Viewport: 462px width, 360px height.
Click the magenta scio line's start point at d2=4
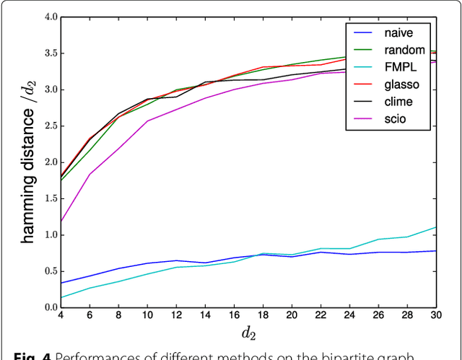point(61,221)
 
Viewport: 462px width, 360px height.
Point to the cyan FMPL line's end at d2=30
point(436,227)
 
